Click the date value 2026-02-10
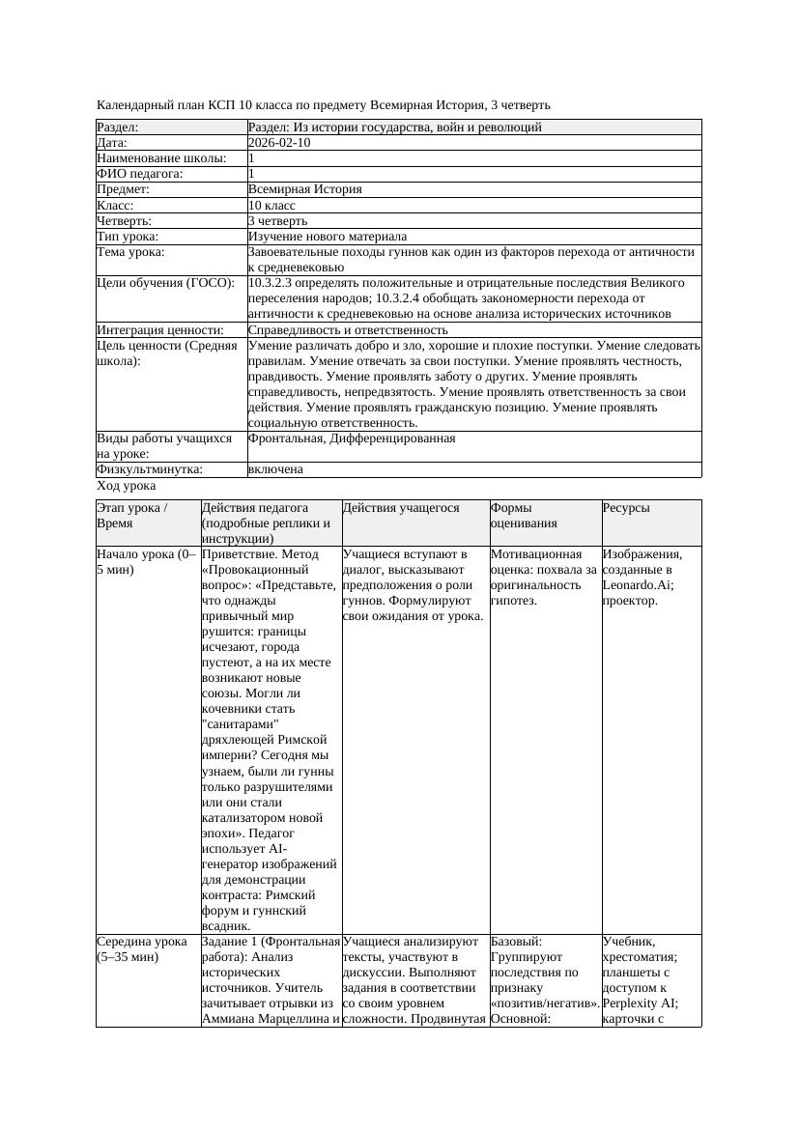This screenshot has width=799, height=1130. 279,142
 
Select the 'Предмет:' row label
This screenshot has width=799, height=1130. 123,189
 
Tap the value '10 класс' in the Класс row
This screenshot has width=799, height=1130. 271,205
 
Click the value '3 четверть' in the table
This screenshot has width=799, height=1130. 277,220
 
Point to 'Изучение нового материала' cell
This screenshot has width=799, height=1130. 328,236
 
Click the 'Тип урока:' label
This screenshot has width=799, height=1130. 128,236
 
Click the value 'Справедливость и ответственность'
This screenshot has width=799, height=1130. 348,329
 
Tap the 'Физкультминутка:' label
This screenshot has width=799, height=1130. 150,468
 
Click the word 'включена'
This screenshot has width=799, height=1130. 275,468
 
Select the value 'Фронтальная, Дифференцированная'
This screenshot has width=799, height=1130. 352,438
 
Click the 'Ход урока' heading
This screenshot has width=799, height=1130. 127,485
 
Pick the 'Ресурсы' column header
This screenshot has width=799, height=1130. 626,507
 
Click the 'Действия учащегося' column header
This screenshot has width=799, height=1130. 401,507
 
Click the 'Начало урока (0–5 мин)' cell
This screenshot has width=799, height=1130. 146,561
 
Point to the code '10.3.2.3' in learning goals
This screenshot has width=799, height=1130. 273,282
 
